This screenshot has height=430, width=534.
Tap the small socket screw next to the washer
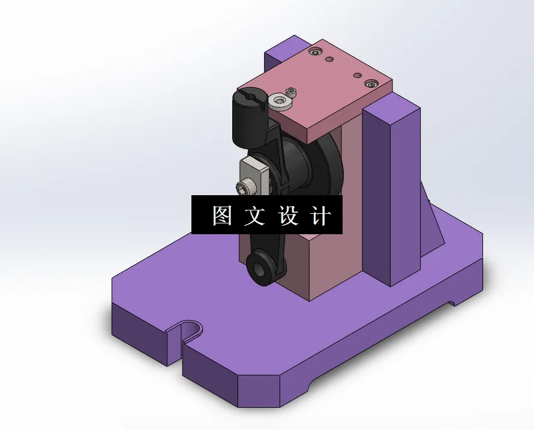pos(292,92)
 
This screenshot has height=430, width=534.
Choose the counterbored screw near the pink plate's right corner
pos(371,84)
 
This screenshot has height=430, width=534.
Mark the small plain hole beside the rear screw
pos(329,59)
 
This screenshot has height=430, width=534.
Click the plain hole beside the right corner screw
pos(357,76)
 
